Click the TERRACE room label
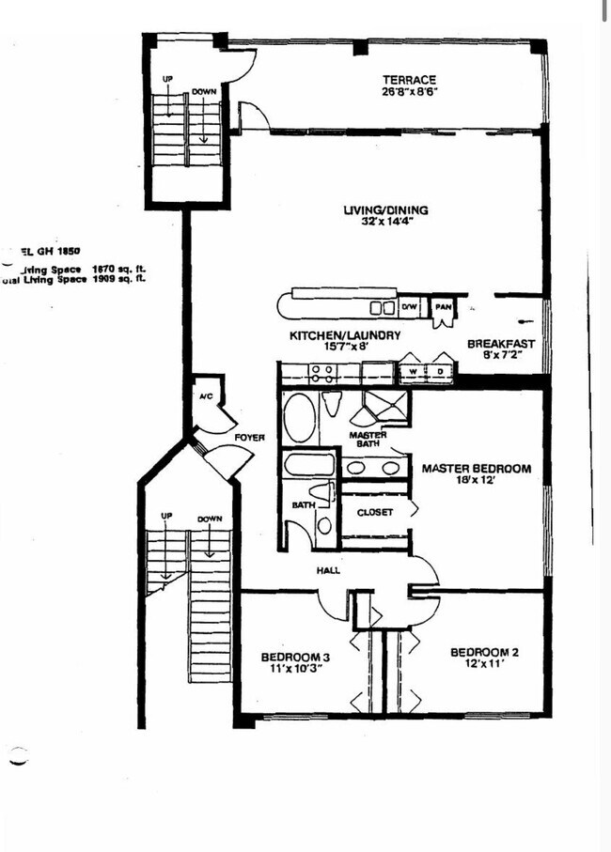coord(408,80)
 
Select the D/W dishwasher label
coord(409,307)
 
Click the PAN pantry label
coord(441,307)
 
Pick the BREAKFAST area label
coord(500,344)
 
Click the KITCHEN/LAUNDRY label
coord(344,335)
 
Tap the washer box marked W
coord(411,373)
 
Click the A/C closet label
coord(207,396)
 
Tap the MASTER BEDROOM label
coord(476,468)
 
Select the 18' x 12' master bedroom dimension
coord(476,481)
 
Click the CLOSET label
coord(374,512)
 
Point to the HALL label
coord(328,570)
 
